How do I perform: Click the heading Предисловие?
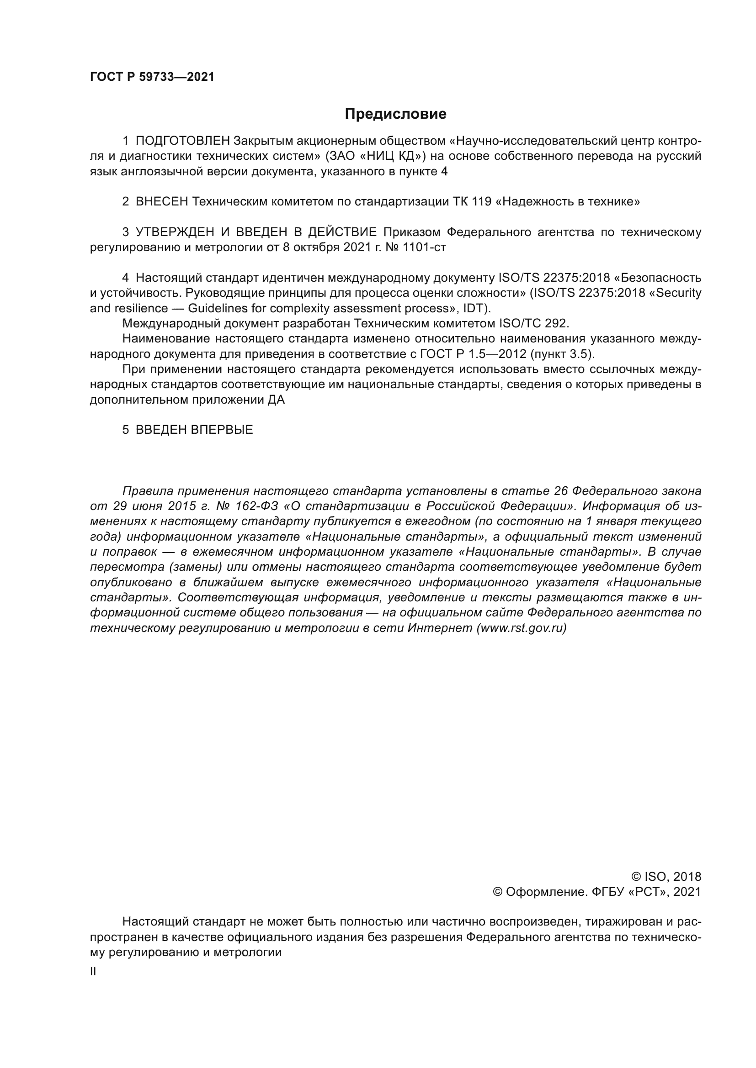395,114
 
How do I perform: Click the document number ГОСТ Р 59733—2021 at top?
152,77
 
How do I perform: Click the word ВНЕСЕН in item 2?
161,201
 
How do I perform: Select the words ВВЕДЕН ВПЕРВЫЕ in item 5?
194,430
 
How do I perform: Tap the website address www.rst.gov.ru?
522,628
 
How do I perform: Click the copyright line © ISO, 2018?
666,877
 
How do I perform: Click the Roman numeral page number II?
93,972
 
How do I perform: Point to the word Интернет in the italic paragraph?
440,628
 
